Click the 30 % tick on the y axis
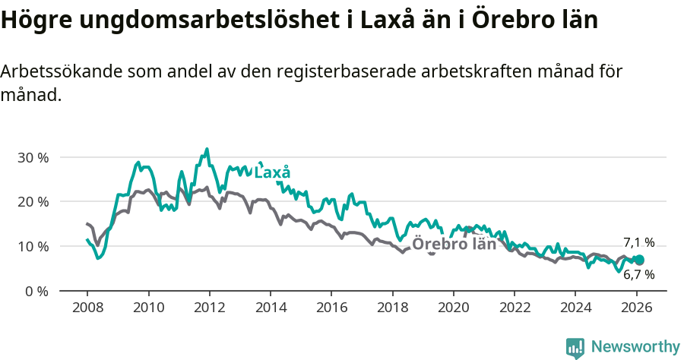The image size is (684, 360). click(x=33, y=157)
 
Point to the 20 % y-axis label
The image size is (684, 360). click(x=33, y=202)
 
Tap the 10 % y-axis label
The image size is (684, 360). click(x=33, y=247)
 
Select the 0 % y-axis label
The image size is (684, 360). click(x=36, y=291)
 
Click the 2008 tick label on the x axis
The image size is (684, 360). click(x=87, y=309)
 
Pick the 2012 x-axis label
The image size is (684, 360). click(x=209, y=309)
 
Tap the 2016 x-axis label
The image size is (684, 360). click(x=331, y=309)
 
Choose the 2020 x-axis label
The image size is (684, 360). click(x=453, y=309)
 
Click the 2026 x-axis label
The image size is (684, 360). click(x=636, y=309)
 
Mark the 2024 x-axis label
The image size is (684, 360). click(x=575, y=309)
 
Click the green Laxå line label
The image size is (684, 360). click(x=272, y=172)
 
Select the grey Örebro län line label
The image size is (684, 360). click(x=454, y=244)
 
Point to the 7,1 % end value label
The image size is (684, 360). click(x=638, y=242)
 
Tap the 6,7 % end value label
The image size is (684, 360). click(x=638, y=275)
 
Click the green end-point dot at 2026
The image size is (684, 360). click(x=639, y=261)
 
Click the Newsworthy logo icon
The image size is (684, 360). click(x=575, y=348)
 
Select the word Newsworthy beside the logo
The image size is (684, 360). click(x=635, y=347)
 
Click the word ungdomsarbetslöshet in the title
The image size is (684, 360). click(x=198, y=21)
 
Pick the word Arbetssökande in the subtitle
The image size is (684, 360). click(x=62, y=72)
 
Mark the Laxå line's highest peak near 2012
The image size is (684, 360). click(x=207, y=150)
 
